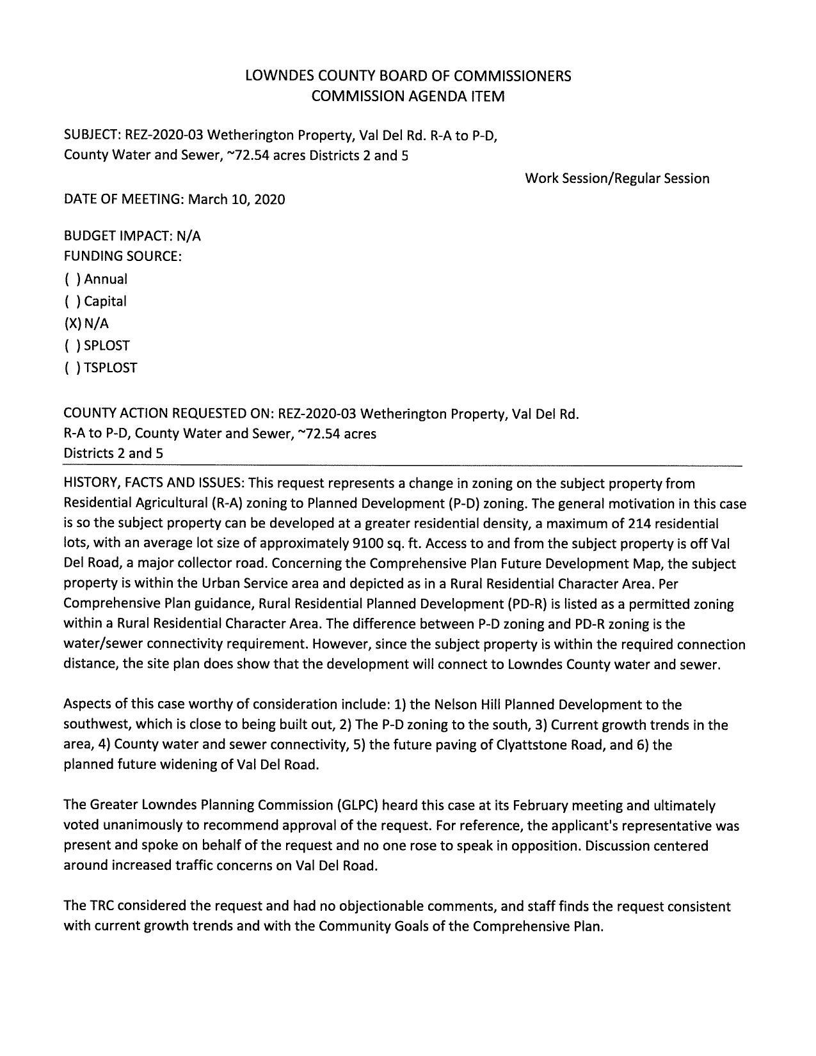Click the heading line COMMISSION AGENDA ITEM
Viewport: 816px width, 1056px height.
pyautogui.click(x=408, y=97)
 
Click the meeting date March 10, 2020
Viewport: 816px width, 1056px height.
pyautogui.click(x=237, y=200)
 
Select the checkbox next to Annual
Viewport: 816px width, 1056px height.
pyautogui.click(x=72, y=280)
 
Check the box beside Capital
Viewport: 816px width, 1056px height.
pyautogui.click(x=72, y=301)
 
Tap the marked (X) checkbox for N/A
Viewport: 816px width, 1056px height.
pyautogui.click(x=72, y=324)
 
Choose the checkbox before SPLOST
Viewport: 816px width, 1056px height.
pyautogui.click(x=72, y=346)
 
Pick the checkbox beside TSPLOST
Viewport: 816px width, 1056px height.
pyautogui.click(x=72, y=368)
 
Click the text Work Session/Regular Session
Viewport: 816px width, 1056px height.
pyautogui.click(x=617, y=178)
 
